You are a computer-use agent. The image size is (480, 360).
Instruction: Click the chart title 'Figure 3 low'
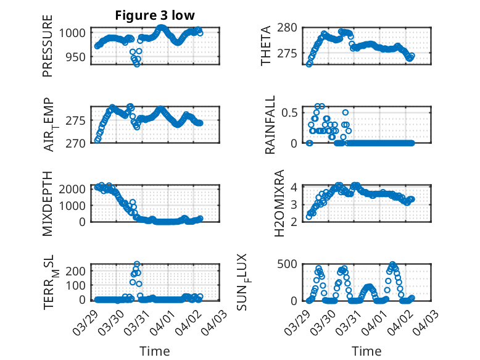click(155, 16)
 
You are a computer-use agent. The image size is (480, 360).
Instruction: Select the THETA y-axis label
click(266, 45)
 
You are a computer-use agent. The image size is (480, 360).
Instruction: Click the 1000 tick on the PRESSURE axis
click(77, 33)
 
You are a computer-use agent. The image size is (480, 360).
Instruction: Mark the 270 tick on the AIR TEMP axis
click(79, 144)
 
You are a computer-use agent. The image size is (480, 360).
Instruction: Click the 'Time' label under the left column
click(154, 351)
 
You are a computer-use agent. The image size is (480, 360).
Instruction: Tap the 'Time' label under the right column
click(366, 351)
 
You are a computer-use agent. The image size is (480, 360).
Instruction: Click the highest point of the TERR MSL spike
click(137, 264)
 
